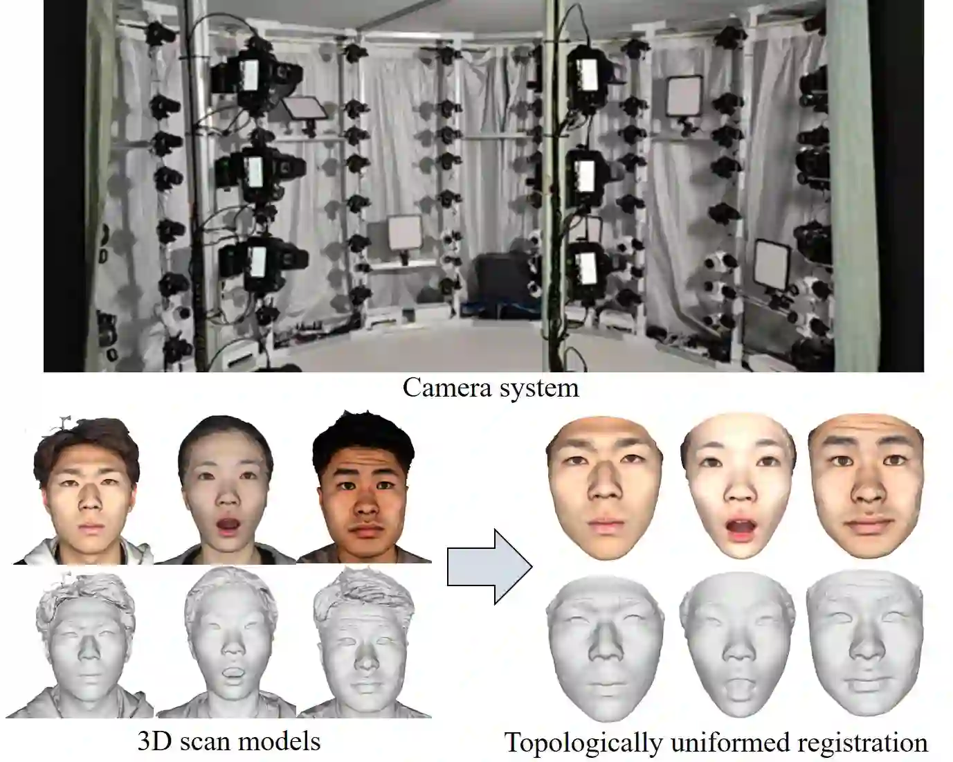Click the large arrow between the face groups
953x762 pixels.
click(x=489, y=567)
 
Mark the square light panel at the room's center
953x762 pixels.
click(x=404, y=233)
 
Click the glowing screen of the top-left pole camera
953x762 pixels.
click(x=249, y=73)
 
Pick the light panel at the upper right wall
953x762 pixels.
click(x=684, y=96)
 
